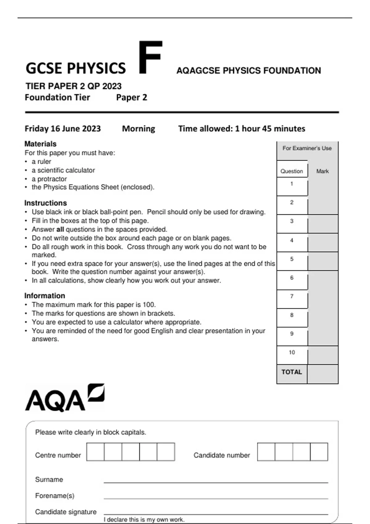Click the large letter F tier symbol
(x=150, y=58)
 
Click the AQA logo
(x=64, y=398)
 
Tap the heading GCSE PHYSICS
(x=76, y=68)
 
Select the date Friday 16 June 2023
(x=63, y=129)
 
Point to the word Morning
(x=138, y=129)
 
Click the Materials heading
(x=40, y=144)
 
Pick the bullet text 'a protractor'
(x=49, y=179)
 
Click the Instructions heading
(x=46, y=203)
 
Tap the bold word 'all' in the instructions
(x=60, y=229)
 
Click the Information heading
(x=45, y=296)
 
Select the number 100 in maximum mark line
(x=148, y=305)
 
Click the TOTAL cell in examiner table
(x=292, y=372)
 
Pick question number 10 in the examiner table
(x=292, y=352)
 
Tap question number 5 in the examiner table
(x=292, y=259)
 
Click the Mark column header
(x=323, y=171)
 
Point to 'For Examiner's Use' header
(x=307, y=148)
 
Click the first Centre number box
(x=95, y=452)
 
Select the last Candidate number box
(x=319, y=452)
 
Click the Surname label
(x=49, y=479)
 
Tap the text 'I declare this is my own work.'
(x=144, y=520)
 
